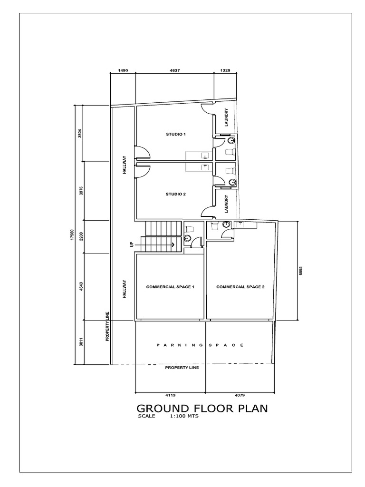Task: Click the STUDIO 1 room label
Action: pyautogui.click(x=175, y=135)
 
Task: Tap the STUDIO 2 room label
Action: pyautogui.click(x=175, y=194)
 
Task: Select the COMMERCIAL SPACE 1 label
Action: pyautogui.click(x=170, y=287)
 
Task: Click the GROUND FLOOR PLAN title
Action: pyautogui.click(x=202, y=409)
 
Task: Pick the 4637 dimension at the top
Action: pyautogui.click(x=175, y=70)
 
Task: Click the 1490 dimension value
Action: pyautogui.click(x=123, y=70)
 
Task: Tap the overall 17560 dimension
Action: pyautogui.click(x=72, y=236)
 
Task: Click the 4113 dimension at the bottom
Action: pyautogui.click(x=171, y=395)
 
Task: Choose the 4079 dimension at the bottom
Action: pyautogui.click(x=239, y=395)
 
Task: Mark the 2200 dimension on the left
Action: pyautogui.click(x=81, y=236)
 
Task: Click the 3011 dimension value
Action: pyautogui.click(x=81, y=342)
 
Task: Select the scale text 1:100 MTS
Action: pyautogui.click(x=183, y=416)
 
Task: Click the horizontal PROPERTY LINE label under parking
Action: pyautogui.click(x=182, y=368)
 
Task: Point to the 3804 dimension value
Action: pyautogui.click(x=81, y=134)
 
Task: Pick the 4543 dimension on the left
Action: pyautogui.click(x=81, y=286)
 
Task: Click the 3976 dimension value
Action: pyautogui.click(x=81, y=191)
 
